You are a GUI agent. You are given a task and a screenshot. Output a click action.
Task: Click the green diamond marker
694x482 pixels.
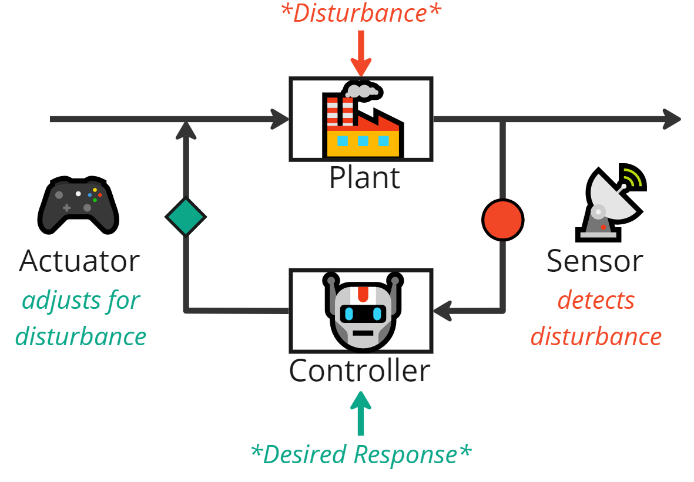(185, 217)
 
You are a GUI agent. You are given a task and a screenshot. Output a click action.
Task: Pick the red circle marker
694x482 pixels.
(502, 220)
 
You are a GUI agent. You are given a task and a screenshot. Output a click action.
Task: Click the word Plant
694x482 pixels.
(364, 177)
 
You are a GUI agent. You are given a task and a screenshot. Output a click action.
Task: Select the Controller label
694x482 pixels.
(360, 370)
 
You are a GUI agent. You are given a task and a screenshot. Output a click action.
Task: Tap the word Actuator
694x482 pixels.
(79, 261)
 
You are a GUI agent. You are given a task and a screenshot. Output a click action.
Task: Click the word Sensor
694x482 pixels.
(595, 261)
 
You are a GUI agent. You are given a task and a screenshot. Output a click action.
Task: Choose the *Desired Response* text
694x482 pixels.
(361, 454)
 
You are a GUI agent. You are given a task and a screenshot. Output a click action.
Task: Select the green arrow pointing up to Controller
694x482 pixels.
(361, 414)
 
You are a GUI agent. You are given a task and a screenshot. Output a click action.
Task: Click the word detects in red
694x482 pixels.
(596, 300)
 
